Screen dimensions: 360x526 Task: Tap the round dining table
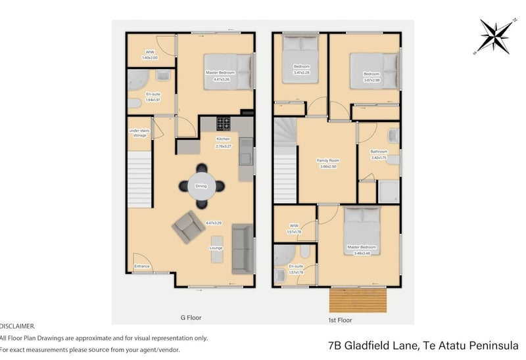[x=201, y=186]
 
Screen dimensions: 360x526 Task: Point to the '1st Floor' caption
[x=341, y=321]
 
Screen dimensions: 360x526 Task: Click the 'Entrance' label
[x=142, y=266]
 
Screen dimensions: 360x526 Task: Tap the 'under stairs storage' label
[x=138, y=133]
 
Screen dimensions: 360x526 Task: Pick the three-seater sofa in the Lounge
[x=242, y=249]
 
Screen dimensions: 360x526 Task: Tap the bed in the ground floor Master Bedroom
[x=226, y=72]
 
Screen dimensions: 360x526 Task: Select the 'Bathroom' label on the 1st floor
[x=379, y=152]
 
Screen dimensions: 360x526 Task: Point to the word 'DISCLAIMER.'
[x=18, y=326]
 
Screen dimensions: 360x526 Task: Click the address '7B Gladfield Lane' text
[x=372, y=344]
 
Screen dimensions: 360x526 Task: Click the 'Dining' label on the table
[x=201, y=186]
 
